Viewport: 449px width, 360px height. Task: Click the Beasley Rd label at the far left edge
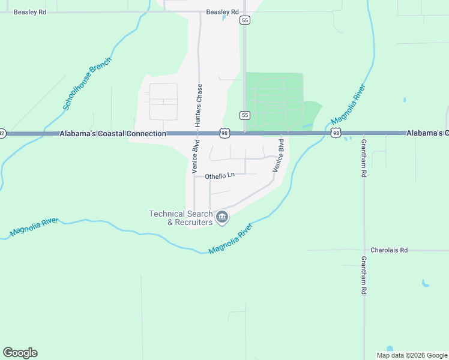point(30,11)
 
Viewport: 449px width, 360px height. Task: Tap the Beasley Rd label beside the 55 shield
point(222,11)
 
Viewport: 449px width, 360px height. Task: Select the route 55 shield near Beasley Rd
point(244,20)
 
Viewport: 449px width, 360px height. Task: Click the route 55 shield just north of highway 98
point(244,115)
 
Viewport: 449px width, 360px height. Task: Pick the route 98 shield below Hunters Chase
point(224,133)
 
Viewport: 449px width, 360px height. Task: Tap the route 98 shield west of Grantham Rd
point(336,133)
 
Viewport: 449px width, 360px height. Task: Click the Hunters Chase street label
point(199,104)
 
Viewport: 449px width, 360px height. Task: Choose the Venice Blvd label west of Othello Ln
point(196,157)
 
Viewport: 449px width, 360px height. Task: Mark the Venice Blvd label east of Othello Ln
point(278,155)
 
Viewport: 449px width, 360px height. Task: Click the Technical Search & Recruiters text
point(181,218)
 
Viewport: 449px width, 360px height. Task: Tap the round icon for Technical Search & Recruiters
point(222,217)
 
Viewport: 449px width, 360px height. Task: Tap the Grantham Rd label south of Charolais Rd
point(363,275)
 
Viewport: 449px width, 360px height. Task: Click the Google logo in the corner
point(20,353)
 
